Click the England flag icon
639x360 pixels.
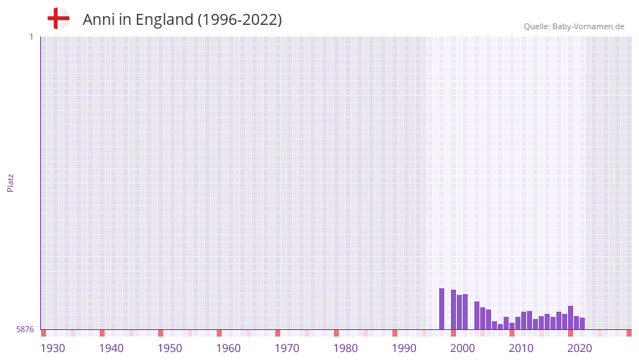click(58, 18)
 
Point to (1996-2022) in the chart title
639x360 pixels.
click(239, 20)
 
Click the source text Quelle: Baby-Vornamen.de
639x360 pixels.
click(574, 26)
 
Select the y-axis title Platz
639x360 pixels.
click(10, 182)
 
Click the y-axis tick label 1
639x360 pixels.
click(31, 37)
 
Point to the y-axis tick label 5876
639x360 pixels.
click(25, 330)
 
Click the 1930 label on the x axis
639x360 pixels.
click(53, 348)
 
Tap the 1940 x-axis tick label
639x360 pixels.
click(111, 348)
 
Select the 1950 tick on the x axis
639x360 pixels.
click(170, 348)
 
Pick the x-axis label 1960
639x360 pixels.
click(228, 348)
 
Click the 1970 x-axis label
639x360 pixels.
click(287, 348)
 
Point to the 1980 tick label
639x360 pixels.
click(345, 348)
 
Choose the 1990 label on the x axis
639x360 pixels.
click(404, 348)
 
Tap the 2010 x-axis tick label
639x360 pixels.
click(521, 348)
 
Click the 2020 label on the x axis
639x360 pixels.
click(580, 348)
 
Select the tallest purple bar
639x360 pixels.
click(442, 309)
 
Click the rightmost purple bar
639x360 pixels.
click(582, 323)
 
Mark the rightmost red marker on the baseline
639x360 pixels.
click(629, 333)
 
